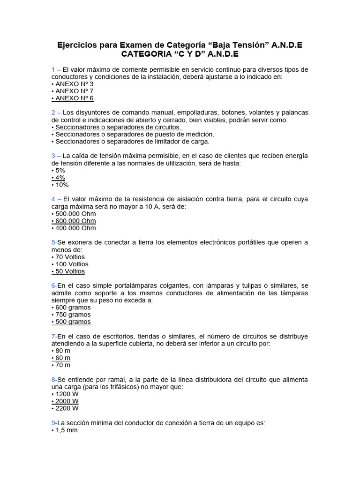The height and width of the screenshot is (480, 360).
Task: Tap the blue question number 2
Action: [x=54, y=113]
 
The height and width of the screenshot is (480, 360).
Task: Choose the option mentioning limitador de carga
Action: [x=131, y=142]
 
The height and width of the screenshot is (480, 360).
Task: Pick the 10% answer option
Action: [x=60, y=185]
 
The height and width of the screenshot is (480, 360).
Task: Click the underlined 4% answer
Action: [x=58, y=178]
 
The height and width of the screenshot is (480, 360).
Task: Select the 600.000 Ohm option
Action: [x=74, y=221]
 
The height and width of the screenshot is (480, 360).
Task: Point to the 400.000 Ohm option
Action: [x=74, y=228]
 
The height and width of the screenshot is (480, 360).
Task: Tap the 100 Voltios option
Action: [x=70, y=264]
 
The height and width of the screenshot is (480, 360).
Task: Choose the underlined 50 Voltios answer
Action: [x=68, y=271]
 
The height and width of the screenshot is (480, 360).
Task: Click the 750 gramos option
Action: [x=71, y=315]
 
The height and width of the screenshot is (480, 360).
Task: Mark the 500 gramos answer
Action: [x=71, y=322]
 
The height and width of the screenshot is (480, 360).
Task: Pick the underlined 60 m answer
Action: [x=61, y=358]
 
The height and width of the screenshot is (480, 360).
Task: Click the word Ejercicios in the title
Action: [x=77, y=45]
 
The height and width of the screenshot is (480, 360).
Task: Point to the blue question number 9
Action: [x=53, y=423]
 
